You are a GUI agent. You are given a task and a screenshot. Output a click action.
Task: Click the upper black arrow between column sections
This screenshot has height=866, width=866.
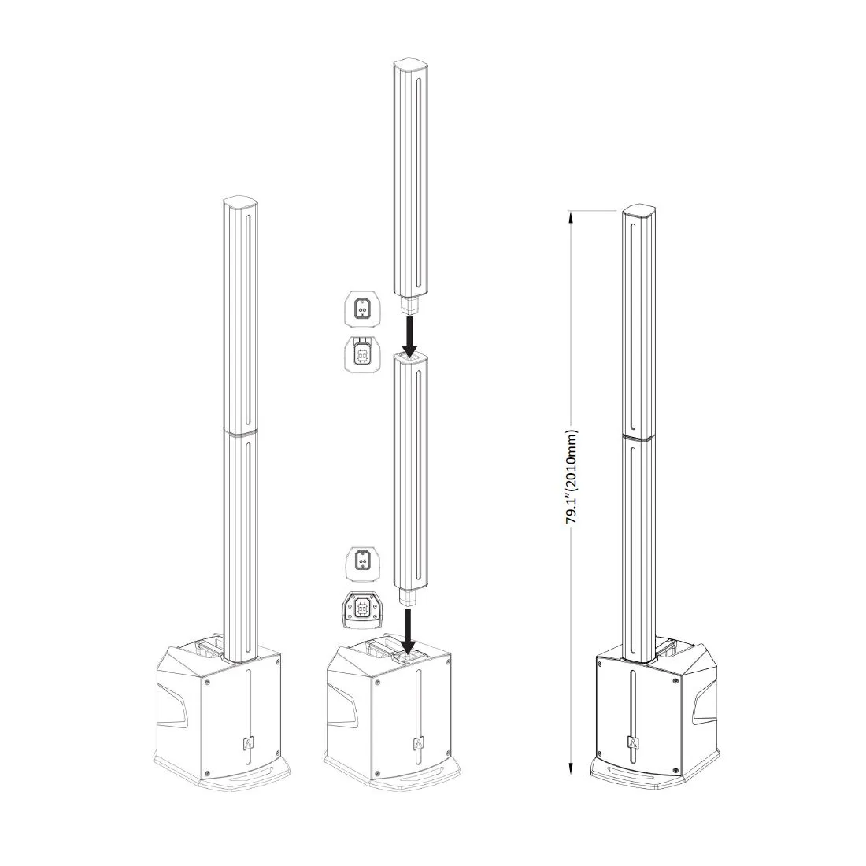[x=409, y=336]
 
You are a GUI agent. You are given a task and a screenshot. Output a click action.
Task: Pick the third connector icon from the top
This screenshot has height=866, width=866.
[x=362, y=564]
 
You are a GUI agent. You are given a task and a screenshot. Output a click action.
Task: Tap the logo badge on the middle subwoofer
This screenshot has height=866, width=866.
[x=417, y=745]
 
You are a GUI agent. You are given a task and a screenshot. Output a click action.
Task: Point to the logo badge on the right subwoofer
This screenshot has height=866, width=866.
[x=632, y=744]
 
